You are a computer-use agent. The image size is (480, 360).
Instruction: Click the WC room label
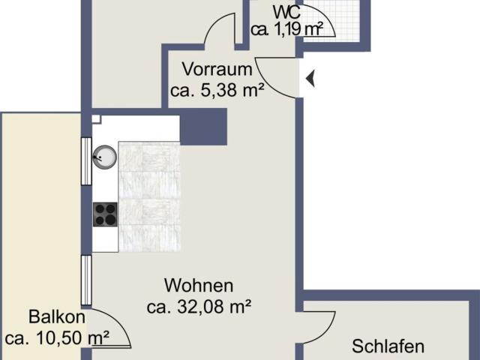tap(289, 13)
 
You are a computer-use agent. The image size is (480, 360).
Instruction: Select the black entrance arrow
tap(310, 77)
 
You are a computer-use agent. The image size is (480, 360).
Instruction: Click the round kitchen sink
tap(103, 156)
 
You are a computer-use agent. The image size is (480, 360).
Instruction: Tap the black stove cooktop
tap(104, 214)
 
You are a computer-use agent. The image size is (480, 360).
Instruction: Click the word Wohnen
tap(199, 286)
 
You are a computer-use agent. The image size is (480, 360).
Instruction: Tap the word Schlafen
tap(388, 346)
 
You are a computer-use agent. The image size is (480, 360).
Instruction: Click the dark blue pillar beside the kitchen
tap(203, 126)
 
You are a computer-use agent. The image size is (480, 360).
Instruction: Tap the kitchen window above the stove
tap(86, 160)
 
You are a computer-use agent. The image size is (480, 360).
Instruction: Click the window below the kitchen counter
tap(86, 280)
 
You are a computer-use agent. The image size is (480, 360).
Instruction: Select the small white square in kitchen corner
tap(96, 118)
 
